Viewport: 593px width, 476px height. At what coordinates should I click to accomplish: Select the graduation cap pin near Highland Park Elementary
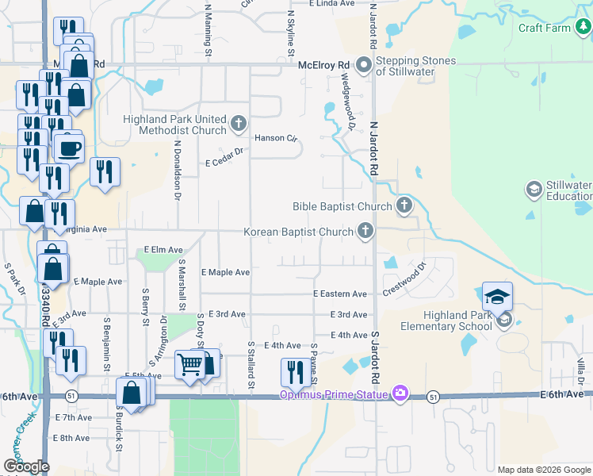[497, 297]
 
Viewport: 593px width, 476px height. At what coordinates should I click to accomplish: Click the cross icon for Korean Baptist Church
[365, 232]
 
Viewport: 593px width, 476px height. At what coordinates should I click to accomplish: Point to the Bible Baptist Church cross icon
[404, 206]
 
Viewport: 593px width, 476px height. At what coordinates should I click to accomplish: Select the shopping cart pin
[190, 365]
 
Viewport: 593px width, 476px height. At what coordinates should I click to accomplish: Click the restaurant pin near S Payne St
[295, 371]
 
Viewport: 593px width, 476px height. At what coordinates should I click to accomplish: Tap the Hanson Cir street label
[275, 138]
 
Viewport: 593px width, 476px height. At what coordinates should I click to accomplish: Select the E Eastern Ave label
[340, 294]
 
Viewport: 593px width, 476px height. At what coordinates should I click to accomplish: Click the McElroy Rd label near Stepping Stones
[323, 65]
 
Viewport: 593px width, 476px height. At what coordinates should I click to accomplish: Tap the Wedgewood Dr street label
[346, 100]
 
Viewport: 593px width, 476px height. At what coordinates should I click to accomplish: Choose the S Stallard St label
[251, 365]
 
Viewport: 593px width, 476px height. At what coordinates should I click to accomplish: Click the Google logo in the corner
[26, 466]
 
